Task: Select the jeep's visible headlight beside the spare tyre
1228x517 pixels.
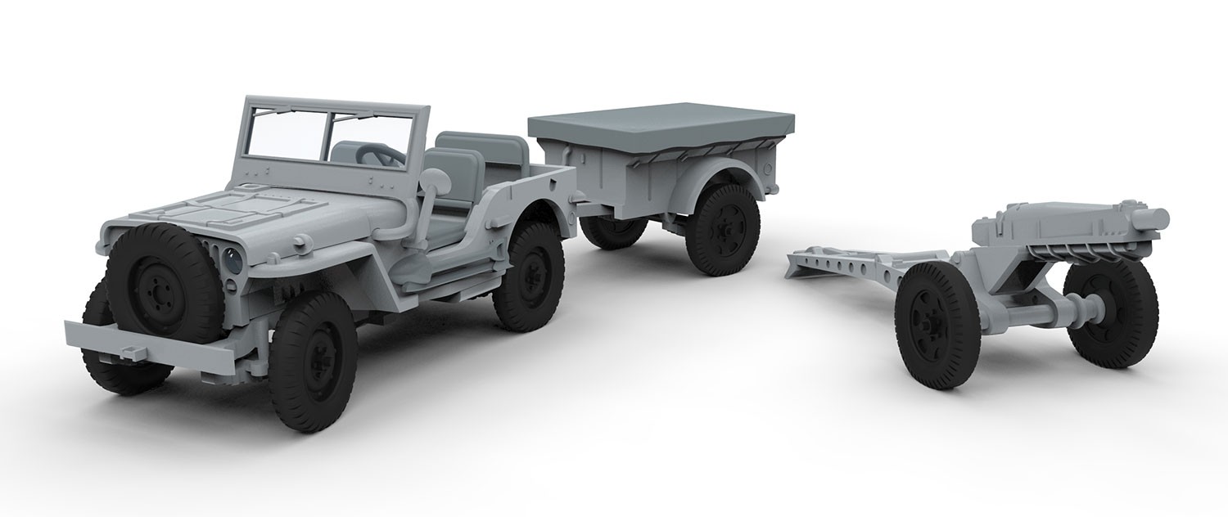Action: [x=233, y=260]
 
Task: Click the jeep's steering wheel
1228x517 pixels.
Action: [x=379, y=153]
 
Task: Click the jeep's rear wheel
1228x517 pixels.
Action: [x=528, y=276]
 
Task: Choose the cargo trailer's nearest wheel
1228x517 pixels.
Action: [x=722, y=229]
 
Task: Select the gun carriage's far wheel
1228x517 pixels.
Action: [x=1111, y=301]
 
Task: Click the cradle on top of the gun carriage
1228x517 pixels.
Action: [x=1064, y=225]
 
